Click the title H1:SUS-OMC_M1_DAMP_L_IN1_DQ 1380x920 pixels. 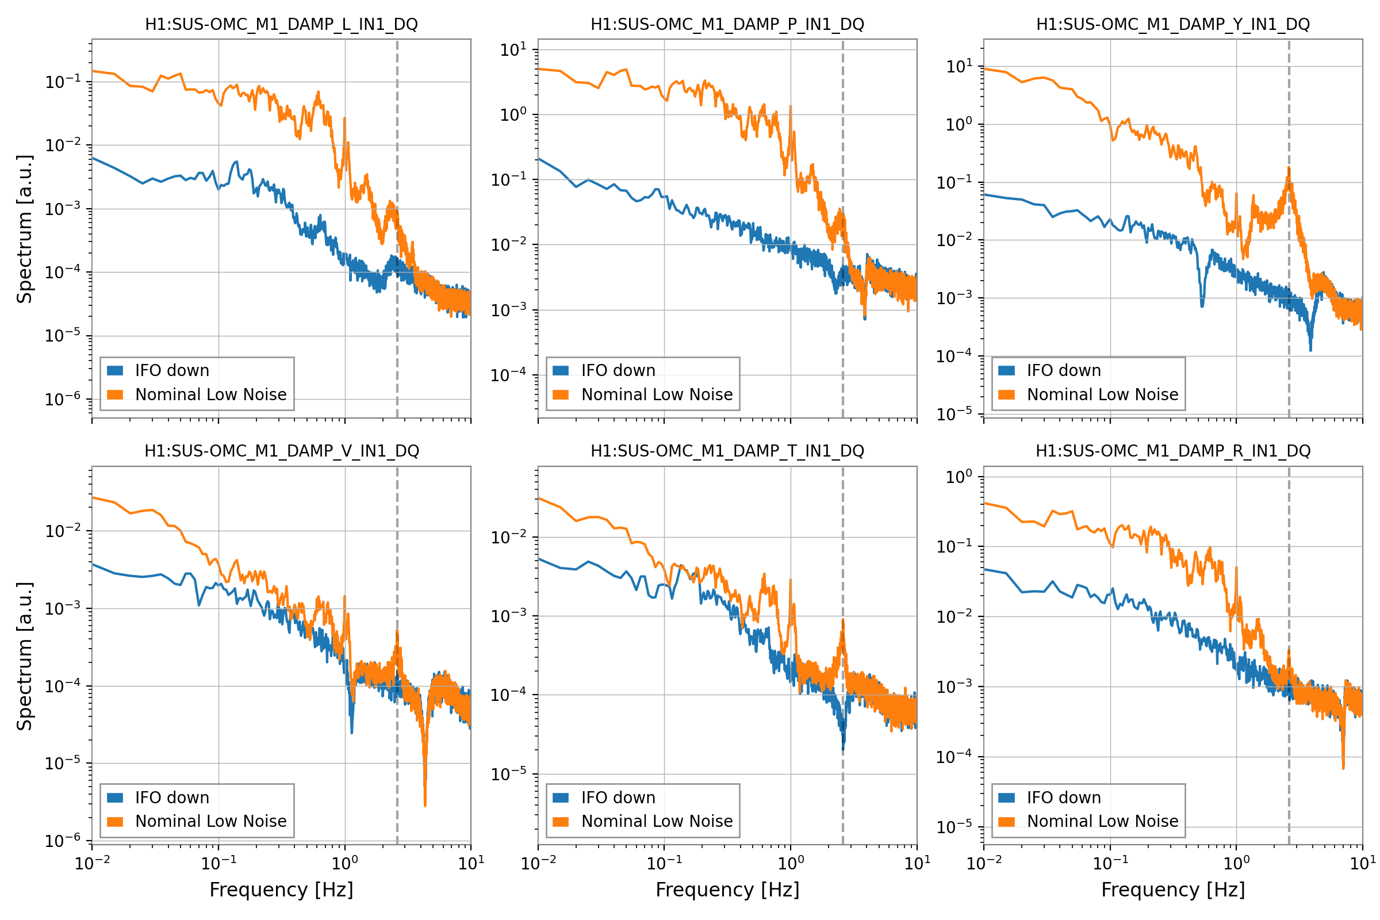point(281,25)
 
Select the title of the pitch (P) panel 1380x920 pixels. point(727,25)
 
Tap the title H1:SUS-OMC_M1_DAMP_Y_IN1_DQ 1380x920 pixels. point(1173,25)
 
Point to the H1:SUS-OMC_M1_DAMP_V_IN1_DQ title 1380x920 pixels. point(281,451)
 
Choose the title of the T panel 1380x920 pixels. point(727,451)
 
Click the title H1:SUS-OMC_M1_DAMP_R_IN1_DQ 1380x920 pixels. point(1173,451)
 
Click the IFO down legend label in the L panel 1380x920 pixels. point(172,371)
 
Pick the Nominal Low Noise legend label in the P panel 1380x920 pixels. point(657,395)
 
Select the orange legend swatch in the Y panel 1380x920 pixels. point(1006,395)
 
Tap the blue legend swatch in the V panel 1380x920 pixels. point(115,798)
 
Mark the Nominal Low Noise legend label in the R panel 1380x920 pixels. point(1102,822)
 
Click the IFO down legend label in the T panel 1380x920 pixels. point(618,798)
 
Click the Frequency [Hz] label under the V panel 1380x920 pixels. point(281,890)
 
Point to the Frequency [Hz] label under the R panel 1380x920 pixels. point(1173,890)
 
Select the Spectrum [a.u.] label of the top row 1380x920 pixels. point(25,229)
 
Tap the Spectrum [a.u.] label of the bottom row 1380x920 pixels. point(25,657)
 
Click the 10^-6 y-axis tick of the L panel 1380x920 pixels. point(63,400)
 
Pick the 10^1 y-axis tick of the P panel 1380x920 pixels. point(513,50)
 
